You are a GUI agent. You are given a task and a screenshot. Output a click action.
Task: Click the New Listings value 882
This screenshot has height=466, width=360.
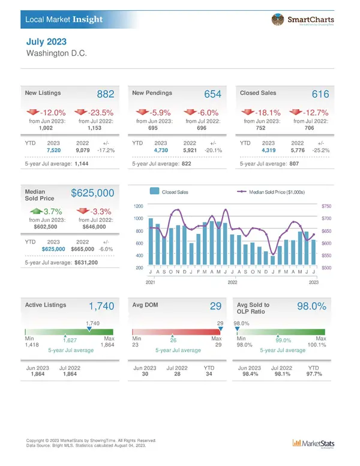tap(106, 95)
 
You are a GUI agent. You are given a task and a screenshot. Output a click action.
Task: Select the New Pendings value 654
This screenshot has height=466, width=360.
tap(213, 95)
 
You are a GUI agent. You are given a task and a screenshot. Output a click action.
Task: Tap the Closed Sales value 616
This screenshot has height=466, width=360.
tap(320, 95)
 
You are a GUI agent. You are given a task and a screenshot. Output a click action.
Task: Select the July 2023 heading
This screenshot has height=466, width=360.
tap(47, 42)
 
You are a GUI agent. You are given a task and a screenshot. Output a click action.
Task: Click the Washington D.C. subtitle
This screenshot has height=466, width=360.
tap(58, 53)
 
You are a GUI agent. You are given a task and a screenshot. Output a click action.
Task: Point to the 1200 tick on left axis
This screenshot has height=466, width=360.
tap(138, 206)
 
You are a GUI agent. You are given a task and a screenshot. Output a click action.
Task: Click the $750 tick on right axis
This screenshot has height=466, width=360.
tap(326, 206)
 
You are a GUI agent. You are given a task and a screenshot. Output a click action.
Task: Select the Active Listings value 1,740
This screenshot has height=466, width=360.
tap(101, 306)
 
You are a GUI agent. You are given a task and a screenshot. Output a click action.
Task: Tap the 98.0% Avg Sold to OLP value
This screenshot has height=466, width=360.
tap(311, 306)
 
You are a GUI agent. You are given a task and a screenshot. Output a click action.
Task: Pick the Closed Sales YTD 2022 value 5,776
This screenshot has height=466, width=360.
tap(298, 150)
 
